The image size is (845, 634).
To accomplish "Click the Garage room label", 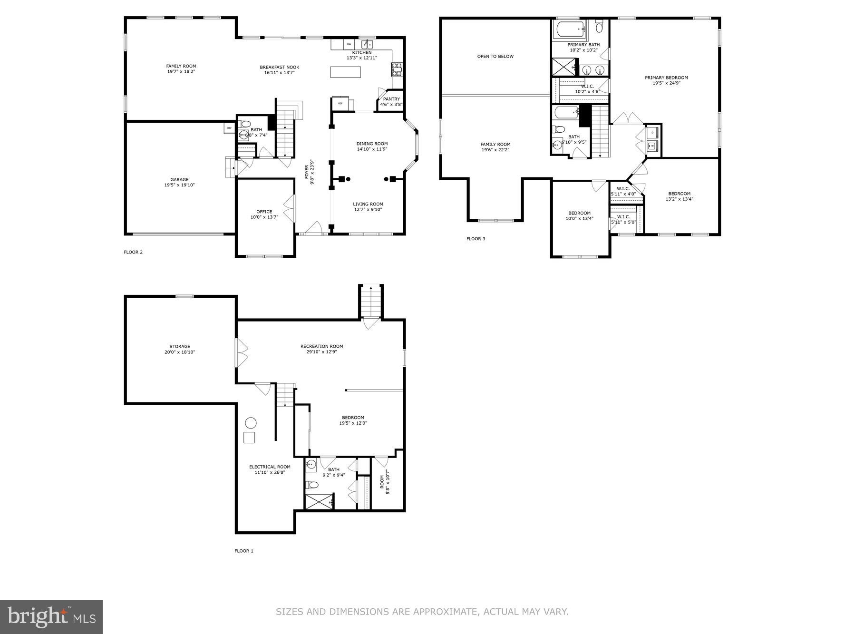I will point(179,180).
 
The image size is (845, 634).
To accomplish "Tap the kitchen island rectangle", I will point(345,72).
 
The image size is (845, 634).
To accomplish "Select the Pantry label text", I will point(391,99).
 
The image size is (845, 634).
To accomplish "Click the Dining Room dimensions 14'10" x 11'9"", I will point(372,149).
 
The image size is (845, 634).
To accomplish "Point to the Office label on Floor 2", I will point(264,212).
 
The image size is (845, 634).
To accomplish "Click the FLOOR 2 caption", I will point(133,252).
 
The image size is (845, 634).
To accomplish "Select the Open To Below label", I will point(495,56).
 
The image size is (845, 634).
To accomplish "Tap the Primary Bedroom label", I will point(666,78).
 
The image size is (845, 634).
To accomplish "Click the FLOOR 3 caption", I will point(476,239).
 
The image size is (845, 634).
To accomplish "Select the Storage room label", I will point(180,347).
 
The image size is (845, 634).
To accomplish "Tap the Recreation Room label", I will point(321,346).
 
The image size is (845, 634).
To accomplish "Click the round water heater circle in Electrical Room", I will point(250,423).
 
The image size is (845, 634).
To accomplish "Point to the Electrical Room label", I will point(270,467).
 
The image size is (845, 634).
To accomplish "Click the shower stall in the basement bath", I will point(320,502).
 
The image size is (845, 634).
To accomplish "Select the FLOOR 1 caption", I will point(244,551).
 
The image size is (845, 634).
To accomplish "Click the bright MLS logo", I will point(51,617).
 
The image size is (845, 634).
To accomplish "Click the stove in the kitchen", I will point(397,69).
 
